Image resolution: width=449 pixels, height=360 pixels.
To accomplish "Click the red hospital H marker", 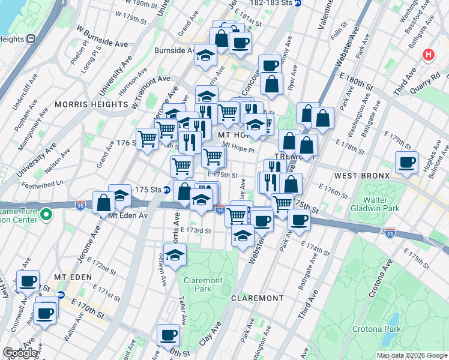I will [x=428, y=55].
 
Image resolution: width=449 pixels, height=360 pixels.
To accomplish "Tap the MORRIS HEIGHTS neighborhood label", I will [x=83, y=104].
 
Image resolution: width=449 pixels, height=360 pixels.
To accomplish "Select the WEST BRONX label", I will [x=363, y=176].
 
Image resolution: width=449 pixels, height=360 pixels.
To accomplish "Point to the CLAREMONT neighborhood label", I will [x=256, y=298].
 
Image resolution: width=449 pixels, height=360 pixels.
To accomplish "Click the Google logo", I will [x=20, y=353].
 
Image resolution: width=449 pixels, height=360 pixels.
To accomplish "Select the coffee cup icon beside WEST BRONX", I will [x=406, y=162].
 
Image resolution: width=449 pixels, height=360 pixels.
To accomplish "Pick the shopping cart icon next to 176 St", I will [x=147, y=139].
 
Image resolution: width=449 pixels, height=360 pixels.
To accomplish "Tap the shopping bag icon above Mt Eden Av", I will [x=103, y=202].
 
